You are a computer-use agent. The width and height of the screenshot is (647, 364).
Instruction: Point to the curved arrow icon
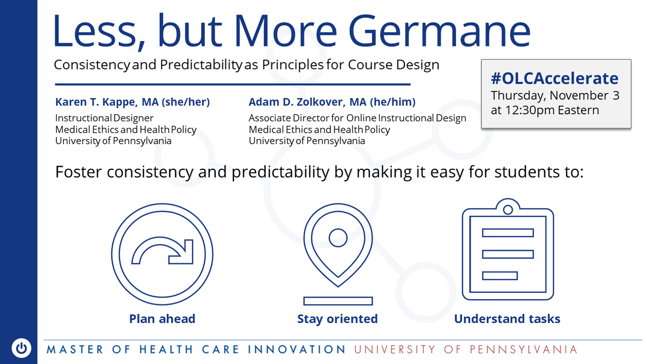[162, 252]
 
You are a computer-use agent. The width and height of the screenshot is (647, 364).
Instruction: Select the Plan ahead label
[162, 319]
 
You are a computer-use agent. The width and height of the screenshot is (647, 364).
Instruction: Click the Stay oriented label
[338, 319]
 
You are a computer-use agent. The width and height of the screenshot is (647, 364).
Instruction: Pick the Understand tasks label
[507, 319]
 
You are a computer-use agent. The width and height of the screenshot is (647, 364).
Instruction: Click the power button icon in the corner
[21, 348]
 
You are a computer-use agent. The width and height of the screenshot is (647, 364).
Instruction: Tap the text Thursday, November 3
[555, 96]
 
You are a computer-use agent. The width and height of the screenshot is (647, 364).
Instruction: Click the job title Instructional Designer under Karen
[104, 118]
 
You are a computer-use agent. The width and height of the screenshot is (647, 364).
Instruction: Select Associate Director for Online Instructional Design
[357, 118]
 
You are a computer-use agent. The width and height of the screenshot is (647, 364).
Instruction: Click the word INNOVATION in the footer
[297, 349]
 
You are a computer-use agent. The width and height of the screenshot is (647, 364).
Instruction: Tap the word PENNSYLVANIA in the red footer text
[524, 349]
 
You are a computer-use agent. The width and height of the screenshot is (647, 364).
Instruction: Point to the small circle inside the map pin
[338, 236]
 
